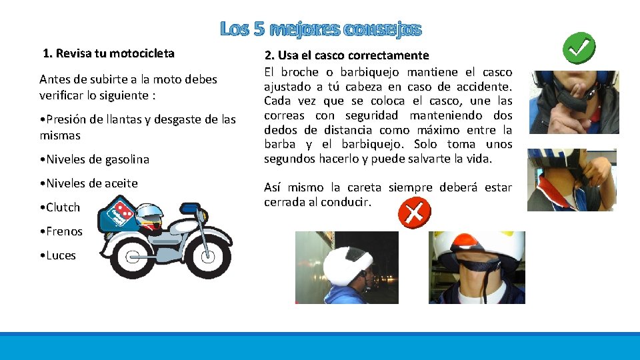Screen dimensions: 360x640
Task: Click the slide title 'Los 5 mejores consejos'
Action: (321, 29)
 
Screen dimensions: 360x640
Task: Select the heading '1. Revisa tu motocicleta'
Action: (109, 53)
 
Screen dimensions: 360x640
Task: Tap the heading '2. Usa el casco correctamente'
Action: (347, 55)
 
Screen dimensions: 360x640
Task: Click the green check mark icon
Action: (579, 49)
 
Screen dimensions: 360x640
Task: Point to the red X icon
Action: (414, 213)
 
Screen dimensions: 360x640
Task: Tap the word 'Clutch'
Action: (63, 207)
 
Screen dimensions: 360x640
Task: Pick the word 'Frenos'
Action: (64, 231)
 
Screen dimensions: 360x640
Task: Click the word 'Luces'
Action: (61, 255)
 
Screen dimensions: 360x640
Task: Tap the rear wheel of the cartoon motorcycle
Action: (133, 257)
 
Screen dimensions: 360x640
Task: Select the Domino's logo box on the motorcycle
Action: (119, 213)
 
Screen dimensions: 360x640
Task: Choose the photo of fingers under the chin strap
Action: (573, 102)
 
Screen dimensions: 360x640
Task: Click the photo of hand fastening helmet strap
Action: (571, 180)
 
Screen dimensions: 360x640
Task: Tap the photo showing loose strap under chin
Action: (477, 267)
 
